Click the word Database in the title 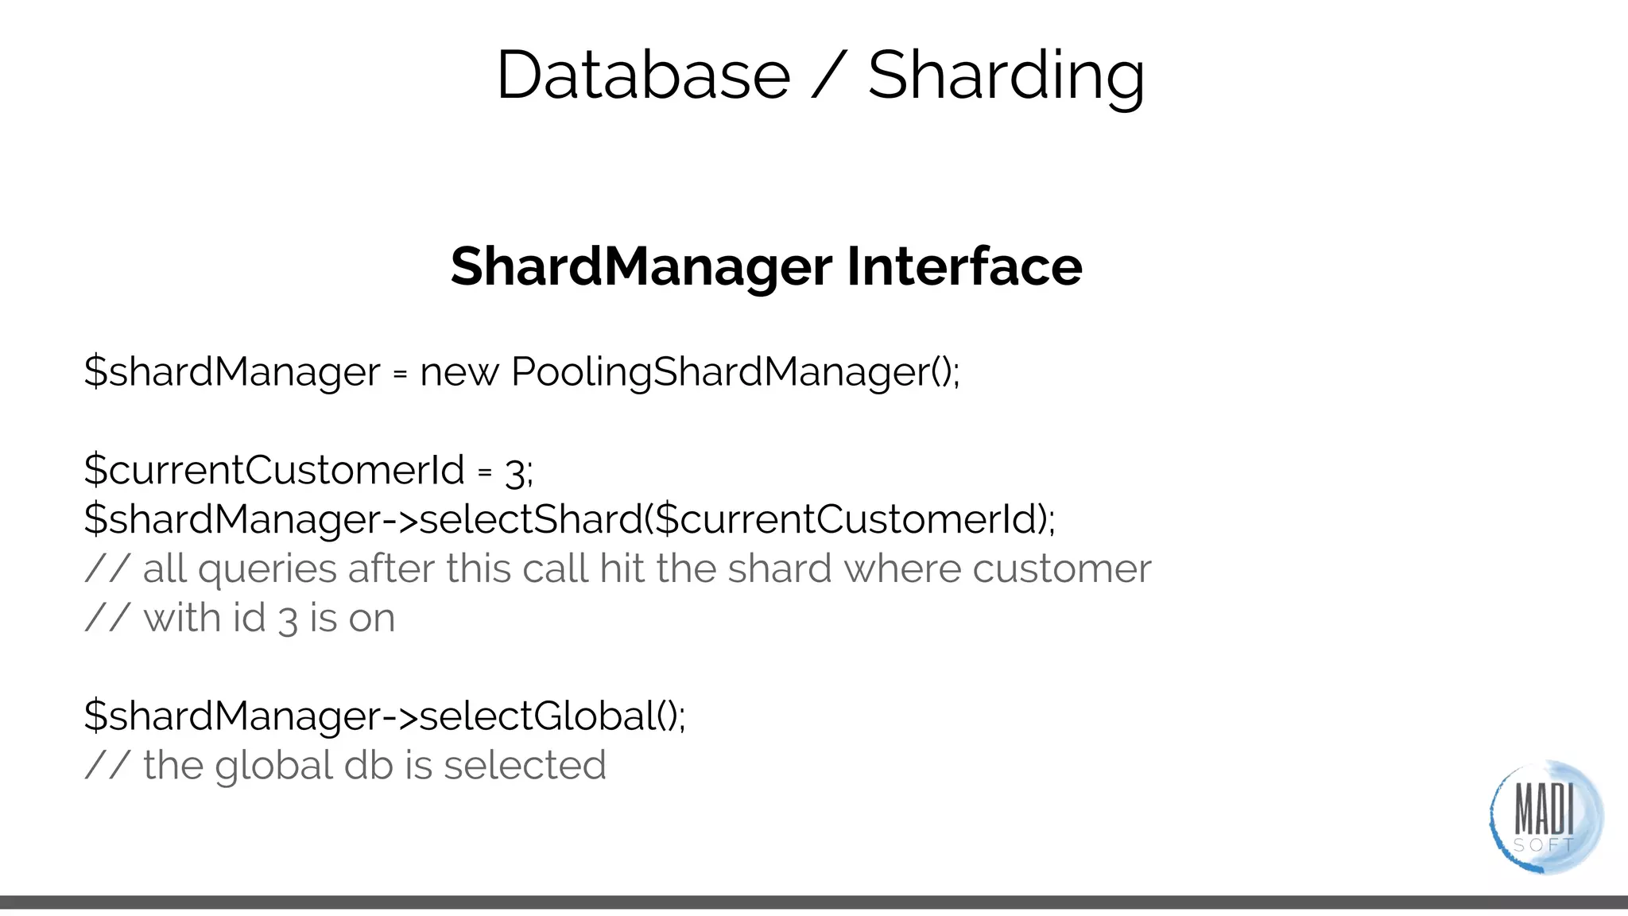pos(643,75)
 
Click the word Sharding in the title pos(1006,76)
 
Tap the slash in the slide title pos(829,76)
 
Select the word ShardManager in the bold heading pos(641,266)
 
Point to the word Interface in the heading pos(964,266)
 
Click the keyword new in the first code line pos(459,372)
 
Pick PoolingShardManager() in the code pos(735,372)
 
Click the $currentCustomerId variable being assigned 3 pos(274,470)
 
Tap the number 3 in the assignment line pos(515,473)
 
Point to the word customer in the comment pos(1061,569)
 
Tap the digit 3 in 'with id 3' pos(288,620)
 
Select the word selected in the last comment pos(525,766)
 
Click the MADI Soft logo pos(1545,817)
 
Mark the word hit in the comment pos(622,569)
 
